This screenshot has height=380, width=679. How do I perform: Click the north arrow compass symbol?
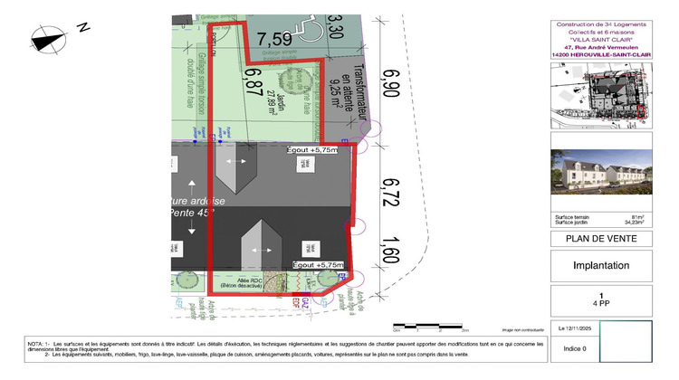pos(51,37)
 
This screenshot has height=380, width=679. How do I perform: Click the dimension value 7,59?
pos(273,38)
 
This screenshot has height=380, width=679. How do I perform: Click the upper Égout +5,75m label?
pos(311,150)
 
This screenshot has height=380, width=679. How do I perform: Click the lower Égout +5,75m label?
pos(319,264)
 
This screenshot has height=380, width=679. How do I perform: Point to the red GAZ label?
pos(306,300)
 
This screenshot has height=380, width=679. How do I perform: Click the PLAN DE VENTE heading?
pos(600,239)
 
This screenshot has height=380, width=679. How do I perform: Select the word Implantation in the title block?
pos(601,266)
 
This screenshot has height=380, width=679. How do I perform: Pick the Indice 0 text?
pos(576,348)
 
